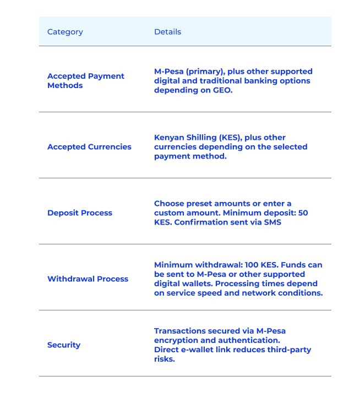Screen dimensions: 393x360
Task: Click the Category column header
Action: (x=65, y=32)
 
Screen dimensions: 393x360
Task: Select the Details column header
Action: (x=167, y=32)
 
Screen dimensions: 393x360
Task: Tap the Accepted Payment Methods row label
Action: (x=85, y=81)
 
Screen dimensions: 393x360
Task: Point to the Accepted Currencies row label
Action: (x=89, y=147)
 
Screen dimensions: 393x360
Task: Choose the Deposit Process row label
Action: (x=79, y=213)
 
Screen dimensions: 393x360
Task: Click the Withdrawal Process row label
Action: (x=88, y=279)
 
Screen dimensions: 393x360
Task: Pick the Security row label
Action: (x=64, y=345)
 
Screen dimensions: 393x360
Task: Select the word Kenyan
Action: (x=169, y=138)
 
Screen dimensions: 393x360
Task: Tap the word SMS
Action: (x=272, y=222)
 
